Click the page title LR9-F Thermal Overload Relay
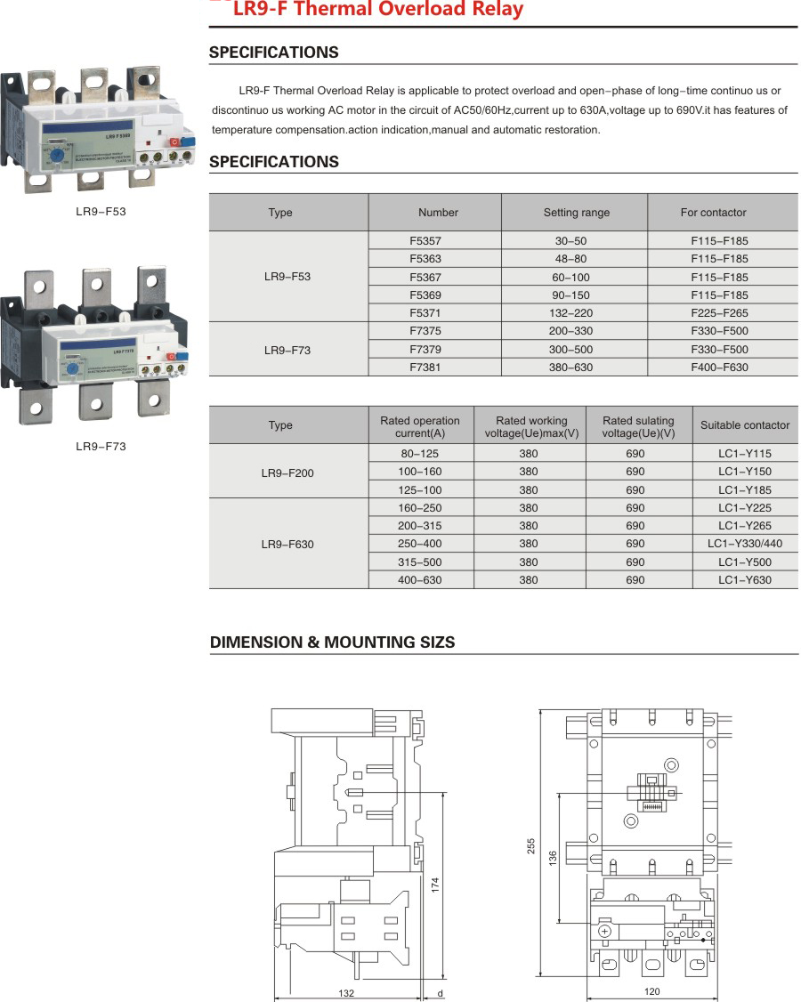(x=377, y=10)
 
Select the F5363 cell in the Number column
(x=425, y=259)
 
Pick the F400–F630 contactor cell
(x=719, y=368)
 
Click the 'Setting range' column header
(x=577, y=213)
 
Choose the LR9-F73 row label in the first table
(x=287, y=350)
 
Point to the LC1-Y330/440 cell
(x=745, y=544)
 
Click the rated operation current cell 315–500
(x=419, y=562)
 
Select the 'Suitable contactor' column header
(x=745, y=425)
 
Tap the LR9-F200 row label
(x=287, y=473)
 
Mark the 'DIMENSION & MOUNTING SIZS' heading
(x=332, y=642)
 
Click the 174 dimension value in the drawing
(x=435, y=885)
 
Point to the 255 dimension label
(x=530, y=844)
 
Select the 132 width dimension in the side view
(x=346, y=993)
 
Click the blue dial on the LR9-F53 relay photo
(x=56, y=153)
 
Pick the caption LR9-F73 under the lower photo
(x=101, y=446)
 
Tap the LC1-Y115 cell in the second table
(x=745, y=454)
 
